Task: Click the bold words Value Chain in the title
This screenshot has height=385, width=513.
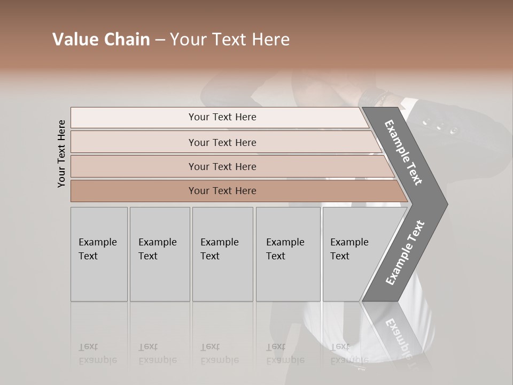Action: [x=101, y=40]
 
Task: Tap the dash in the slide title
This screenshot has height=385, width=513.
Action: [x=160, y=40]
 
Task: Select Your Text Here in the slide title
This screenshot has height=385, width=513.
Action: [x=230, y=40]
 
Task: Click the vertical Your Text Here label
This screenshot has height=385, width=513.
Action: [x=61, y=153]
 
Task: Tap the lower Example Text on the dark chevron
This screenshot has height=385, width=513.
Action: [x=405, y=253]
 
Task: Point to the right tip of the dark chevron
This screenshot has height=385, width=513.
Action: [x=446, y=204]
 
